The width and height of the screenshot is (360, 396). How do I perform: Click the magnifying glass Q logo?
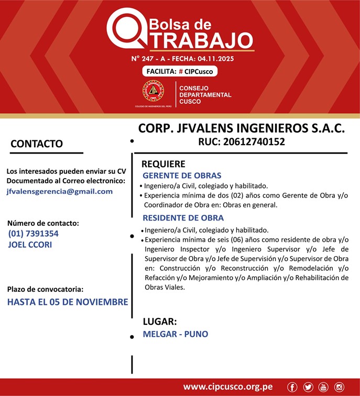(125, 29)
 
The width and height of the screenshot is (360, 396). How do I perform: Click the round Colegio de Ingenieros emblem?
(153, 92)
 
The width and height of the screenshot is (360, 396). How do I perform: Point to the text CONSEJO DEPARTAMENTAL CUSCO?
(205, 94)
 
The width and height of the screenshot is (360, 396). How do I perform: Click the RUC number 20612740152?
(241, 141)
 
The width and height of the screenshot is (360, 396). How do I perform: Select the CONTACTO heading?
(37, 144)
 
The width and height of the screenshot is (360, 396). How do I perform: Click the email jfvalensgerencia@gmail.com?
(60, 191)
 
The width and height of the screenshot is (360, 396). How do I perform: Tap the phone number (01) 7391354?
(33, 234)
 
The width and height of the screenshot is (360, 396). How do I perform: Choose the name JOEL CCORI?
(30, 244)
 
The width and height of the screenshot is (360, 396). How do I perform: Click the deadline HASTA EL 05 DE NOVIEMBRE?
(68, 302)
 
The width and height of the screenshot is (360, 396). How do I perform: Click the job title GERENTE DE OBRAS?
(182, 175)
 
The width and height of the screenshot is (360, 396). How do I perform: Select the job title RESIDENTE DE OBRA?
(183, 218)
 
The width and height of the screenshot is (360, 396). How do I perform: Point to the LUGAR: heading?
(160, 322)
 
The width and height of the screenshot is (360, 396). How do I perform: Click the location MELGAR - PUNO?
(175, 334)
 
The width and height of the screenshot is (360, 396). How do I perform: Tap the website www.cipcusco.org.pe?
(227, 387)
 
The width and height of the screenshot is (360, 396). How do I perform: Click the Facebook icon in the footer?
(292, 387)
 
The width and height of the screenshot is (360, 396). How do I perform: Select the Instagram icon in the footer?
(339, 387)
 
